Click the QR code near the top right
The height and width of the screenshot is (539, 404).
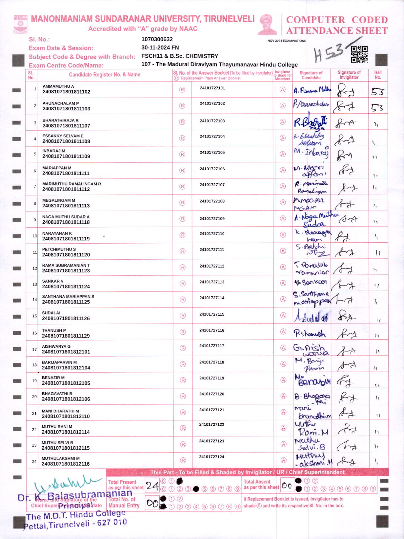pyautogui.click(x=359, y=54)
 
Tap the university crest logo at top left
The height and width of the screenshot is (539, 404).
pyautogui.click(x=20, y=24)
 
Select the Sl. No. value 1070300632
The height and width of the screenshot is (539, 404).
pyautogui.click(x=157, y=39)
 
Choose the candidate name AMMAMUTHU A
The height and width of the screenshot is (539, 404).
pyautogui.click(x=58, y=86)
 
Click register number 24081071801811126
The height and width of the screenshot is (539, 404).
pyautogui.click(x=66, y=318)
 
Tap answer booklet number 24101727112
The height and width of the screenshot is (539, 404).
pyautogui.click(x=212, y=266)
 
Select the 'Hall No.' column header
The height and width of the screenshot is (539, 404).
pyautogui.click(x=378, y=75)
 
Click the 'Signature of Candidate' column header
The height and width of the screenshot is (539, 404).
pyautogui.click(x=311, y=75)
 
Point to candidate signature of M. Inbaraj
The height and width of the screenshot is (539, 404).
pyautogui.click(x=311, y=153)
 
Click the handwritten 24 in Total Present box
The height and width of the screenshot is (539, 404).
pyautogui.click(x=152, y=486)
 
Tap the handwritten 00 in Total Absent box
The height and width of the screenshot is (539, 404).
pyautogui.click(x=287, y=486)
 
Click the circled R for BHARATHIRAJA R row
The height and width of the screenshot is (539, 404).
pyautogui.click(x=182, y=122)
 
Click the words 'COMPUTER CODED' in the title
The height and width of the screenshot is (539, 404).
pyautogui.click(x=337, y=20)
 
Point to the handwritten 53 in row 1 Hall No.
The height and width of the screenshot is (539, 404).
pyautogui.click(x=377, y=92)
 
